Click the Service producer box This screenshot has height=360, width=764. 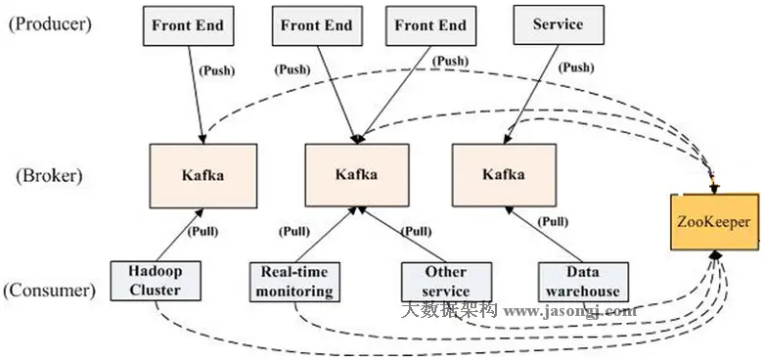coord(559,24)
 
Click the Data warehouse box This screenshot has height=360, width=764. coord(583,281)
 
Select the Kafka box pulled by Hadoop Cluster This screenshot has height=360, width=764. coord(203,175)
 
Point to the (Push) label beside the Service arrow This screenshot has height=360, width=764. coord(573,68)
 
